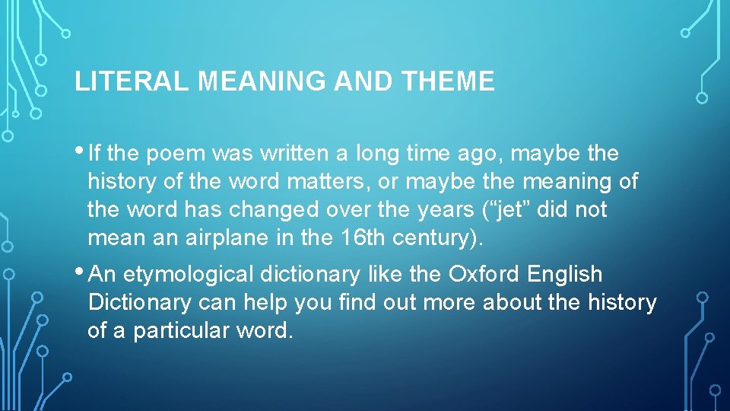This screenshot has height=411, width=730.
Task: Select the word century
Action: click(437, 237)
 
